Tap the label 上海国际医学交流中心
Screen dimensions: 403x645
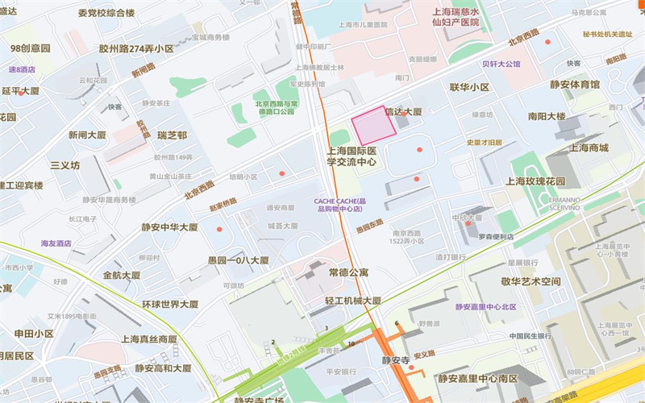pyautogui.click(x=352, y=156)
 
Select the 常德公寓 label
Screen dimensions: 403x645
pyautogui.click(x=348, y=273)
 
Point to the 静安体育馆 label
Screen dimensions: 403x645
pyautogui.click(x=575, y=85)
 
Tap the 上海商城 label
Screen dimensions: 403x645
pyautogui.click(x=589, y=147)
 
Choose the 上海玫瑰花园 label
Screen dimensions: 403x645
pyautogui.click(x=535, y=181)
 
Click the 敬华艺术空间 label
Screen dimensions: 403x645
pyautogui.click(x=530, y=281)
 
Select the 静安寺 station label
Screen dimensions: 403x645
pyautogui.click(x=396, y=360)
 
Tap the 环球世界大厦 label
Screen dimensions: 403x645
pyautogui.click(x=170, y=304)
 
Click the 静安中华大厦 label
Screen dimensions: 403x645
pyautogui.click(x=170, y=227)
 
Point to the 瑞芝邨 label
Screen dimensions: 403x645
pyautogui.click(x=172, y=135)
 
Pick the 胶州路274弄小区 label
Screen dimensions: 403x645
pyautogui.click(x=136, y=48)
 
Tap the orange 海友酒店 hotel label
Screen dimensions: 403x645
pyautogui.click(x=56, y=243)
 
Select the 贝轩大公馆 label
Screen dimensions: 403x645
pyautogui.click(x=501, y=64)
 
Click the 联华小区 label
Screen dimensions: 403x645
pyautogui.click(x=469, y=87)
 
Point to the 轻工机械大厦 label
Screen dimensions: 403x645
pyautogui.click(x=352, y=301)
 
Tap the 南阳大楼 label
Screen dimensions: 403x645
pyautogui.click(x=547, y=116)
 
